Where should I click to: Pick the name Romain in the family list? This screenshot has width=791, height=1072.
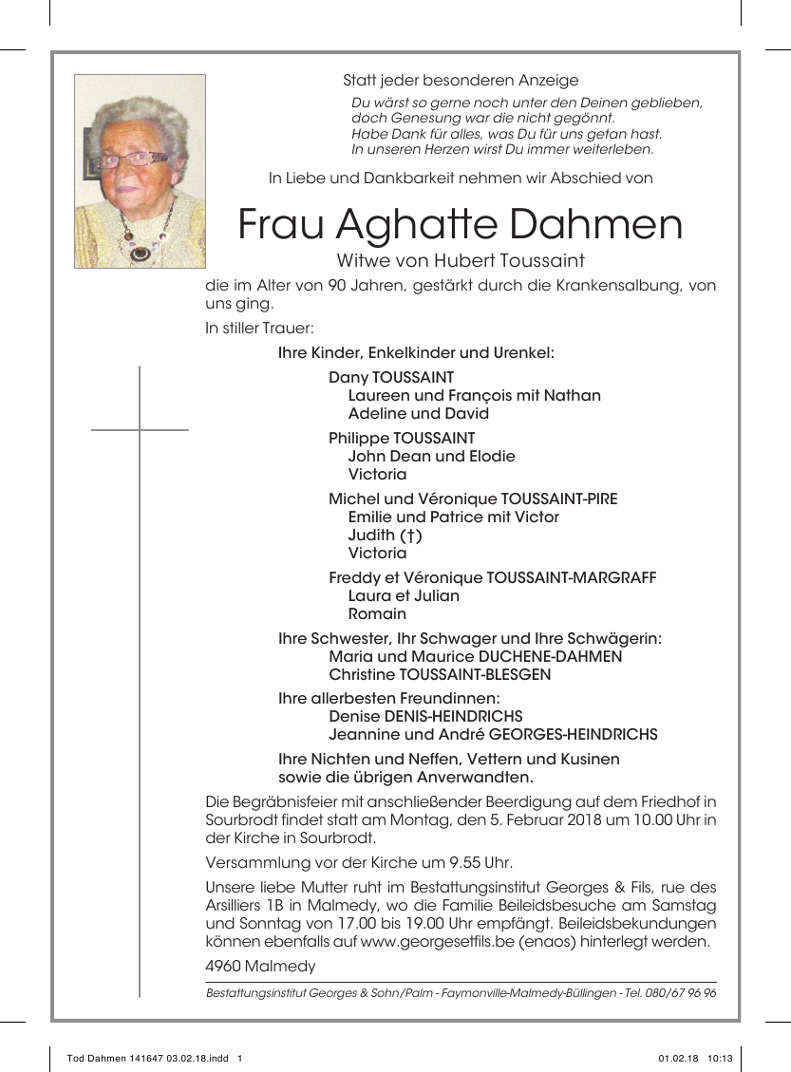pos(377,613)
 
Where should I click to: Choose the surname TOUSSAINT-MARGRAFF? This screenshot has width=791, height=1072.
pos(571,578)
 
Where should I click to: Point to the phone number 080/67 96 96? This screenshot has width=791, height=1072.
pos(681,993)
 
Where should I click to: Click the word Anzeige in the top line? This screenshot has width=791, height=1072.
pos(549,81)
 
